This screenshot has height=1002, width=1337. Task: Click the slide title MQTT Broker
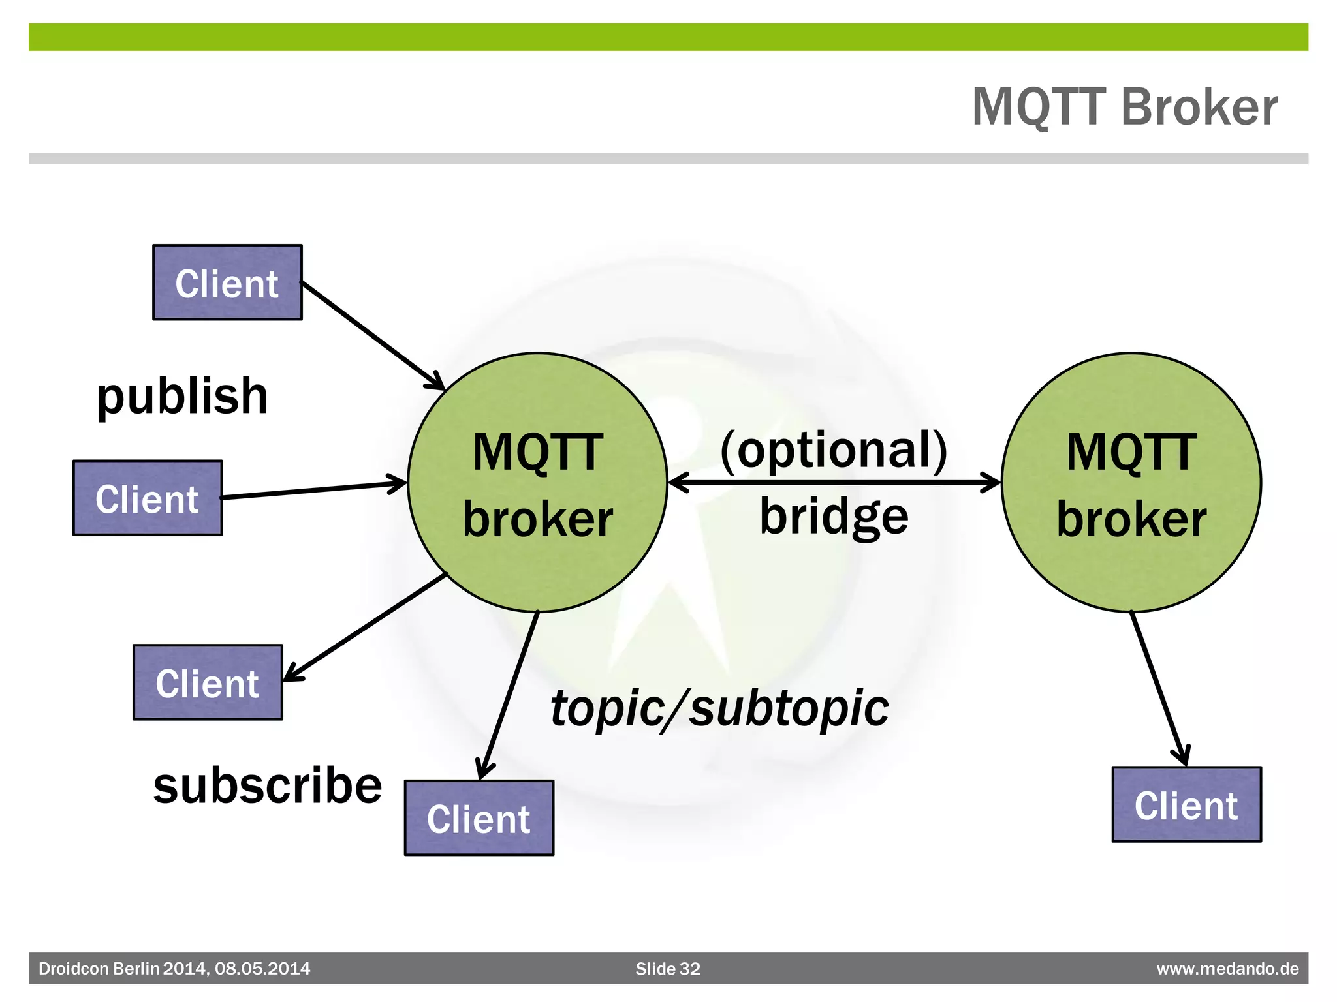coord(1124,107)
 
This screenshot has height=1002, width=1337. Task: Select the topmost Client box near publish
coord(227,282)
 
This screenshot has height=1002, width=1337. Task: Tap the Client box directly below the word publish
coord(148,498)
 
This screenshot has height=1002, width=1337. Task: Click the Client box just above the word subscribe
coord(208,682)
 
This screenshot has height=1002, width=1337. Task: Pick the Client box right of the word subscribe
coord(479,818)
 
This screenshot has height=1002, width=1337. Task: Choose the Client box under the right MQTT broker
coord(1186,804)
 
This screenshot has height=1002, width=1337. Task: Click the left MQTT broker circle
coord(537,483)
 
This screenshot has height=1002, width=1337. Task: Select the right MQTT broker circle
coord(1131,483)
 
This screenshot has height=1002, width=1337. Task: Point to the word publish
coord(182,396)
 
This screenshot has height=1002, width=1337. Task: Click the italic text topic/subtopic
coord(719,708)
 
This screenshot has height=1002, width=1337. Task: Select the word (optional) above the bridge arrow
coord(834,450)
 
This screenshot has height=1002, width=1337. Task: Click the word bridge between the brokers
coord(834,517)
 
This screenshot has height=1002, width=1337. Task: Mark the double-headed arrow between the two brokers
coord(834,483)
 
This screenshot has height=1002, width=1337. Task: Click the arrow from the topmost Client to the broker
coord(372,335)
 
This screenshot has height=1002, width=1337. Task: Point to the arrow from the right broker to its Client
coord(1159,689)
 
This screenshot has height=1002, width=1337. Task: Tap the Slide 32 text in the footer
coord(667,969)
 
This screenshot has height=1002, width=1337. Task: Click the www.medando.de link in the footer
coord(1227,969)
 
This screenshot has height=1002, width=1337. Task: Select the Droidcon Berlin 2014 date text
coord(174,969)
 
